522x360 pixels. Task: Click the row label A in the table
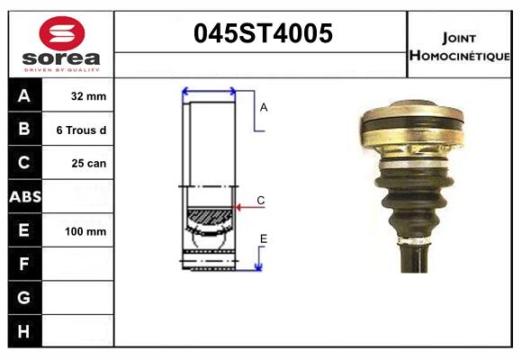(25, 95)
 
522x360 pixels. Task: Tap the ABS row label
(25, 197)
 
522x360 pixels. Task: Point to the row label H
(25, 331)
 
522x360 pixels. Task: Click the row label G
(25, 298)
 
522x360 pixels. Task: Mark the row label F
(25, 265)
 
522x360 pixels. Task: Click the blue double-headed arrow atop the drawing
(209, 92)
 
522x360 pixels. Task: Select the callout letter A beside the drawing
(264, 107)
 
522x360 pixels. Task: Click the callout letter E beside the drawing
(264, 238)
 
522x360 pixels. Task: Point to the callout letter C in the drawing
(260, 200)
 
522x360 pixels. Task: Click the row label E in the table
(25, 230)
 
